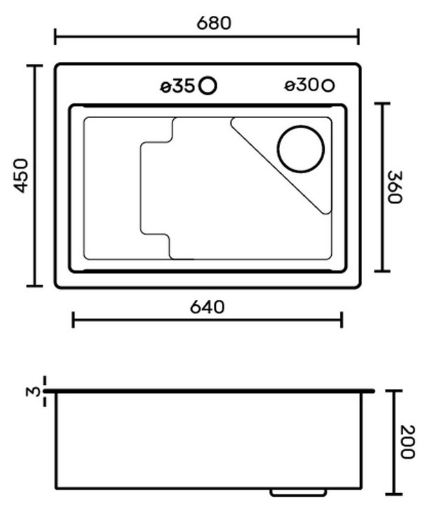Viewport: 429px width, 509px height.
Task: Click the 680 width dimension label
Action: (x=214, y=23)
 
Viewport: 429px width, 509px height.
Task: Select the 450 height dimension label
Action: (x=21, y=175)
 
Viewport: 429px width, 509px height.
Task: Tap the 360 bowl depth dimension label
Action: (x=395, y=187)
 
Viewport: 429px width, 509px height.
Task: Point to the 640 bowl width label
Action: (x=207, y=307)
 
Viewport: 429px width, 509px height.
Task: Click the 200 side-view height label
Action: (x=407, y=441)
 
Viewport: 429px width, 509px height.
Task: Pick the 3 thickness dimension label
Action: (x=32, y=392)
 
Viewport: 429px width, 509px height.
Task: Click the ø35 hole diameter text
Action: (x=178, y=86)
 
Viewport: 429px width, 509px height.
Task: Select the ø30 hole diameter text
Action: (x=302, y=86)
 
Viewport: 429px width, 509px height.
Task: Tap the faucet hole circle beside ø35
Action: (x=208, y=86)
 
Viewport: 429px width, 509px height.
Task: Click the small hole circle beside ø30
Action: (x=328, y=86)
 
